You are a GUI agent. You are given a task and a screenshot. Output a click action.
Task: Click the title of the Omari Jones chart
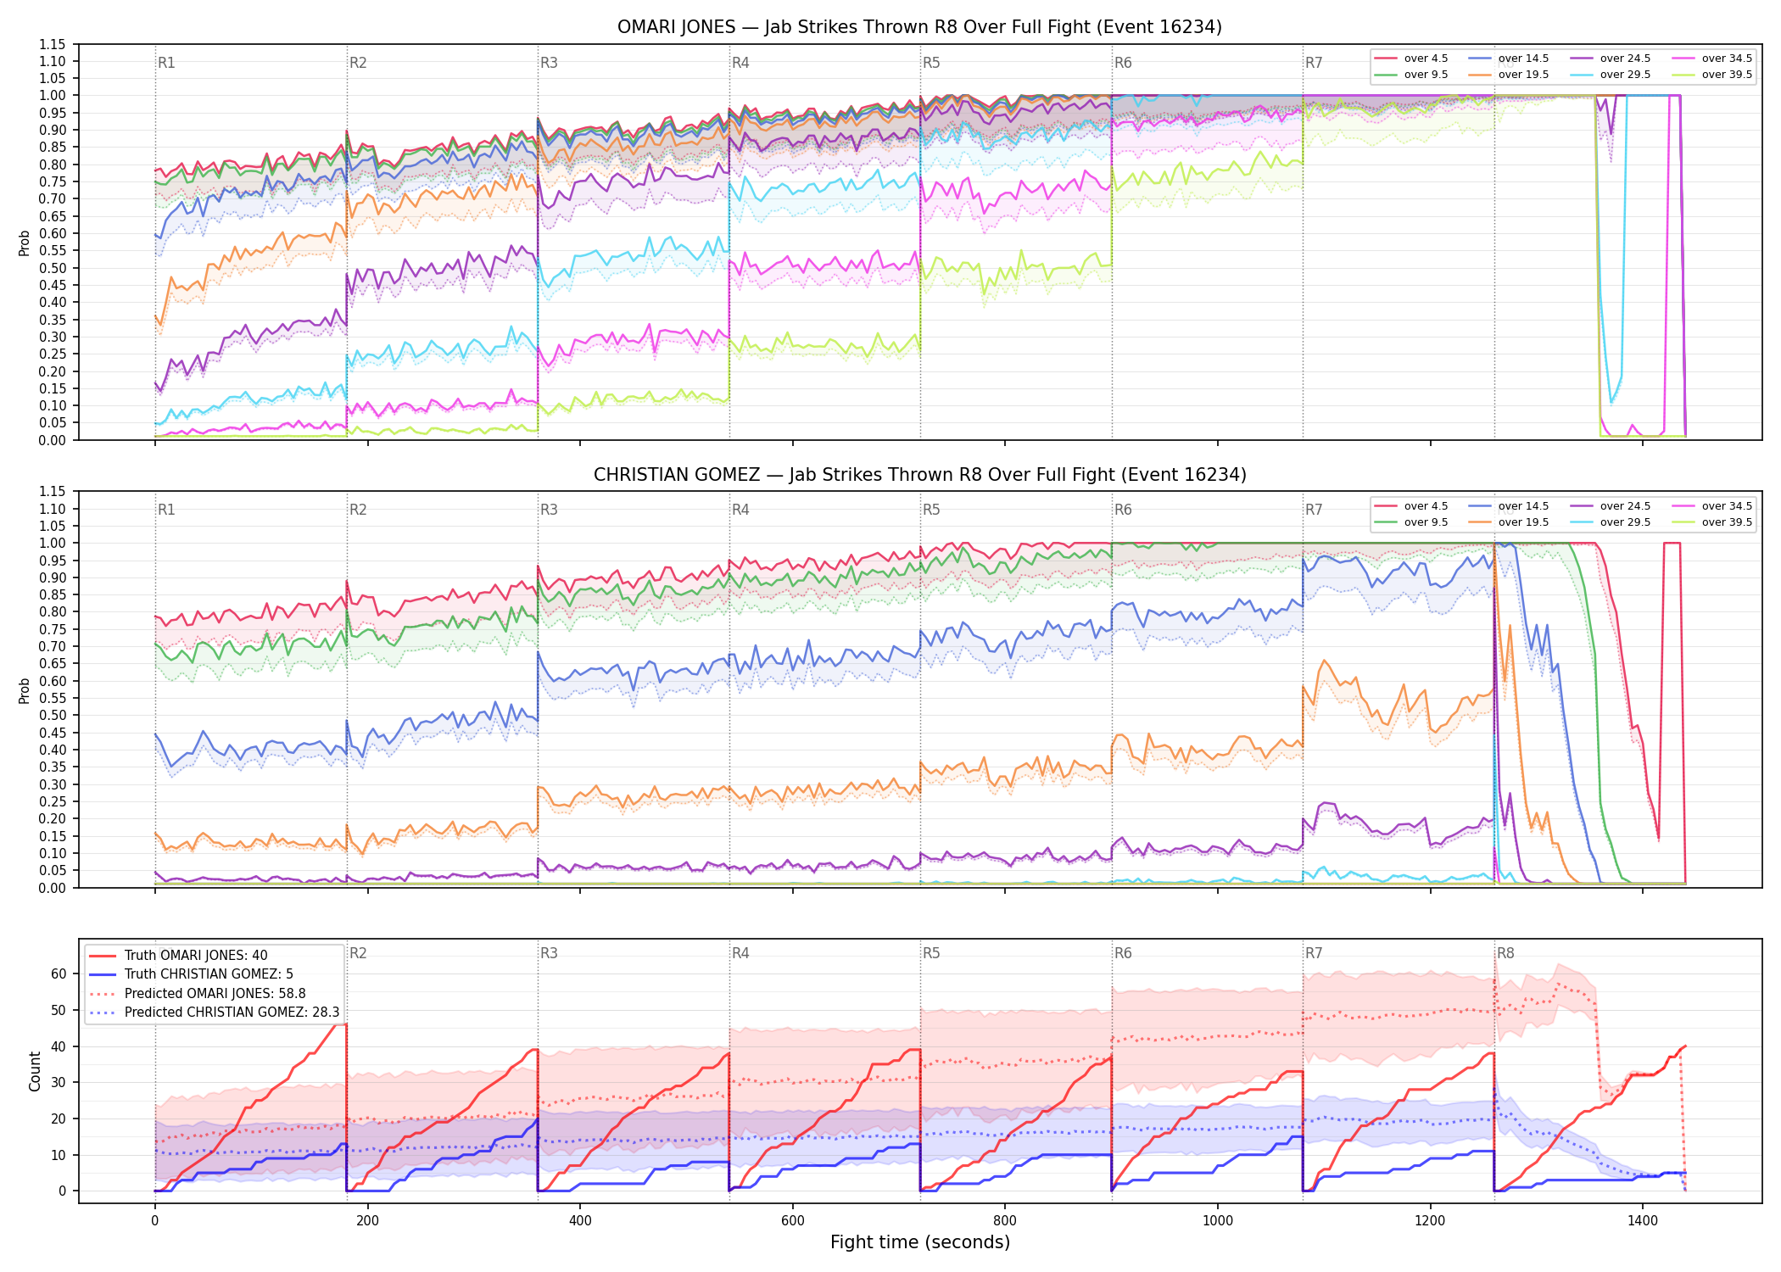919,27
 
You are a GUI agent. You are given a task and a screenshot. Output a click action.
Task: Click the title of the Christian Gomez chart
919,475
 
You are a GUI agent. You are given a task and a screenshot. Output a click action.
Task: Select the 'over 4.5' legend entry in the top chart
1411,59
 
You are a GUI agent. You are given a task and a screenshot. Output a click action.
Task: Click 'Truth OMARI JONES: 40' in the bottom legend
178,956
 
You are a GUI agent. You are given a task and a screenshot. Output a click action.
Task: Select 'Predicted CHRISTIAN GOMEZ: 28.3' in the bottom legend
215,1013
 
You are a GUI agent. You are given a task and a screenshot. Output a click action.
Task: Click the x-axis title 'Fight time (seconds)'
920,1242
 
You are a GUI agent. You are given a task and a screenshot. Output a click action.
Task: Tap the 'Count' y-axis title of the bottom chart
35,1071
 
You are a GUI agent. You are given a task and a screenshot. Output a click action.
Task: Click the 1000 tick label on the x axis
1218,1221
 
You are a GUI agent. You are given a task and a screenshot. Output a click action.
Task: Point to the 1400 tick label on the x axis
1643,1221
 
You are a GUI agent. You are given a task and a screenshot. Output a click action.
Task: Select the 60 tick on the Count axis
59,974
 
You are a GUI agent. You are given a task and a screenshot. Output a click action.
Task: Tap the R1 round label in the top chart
166,63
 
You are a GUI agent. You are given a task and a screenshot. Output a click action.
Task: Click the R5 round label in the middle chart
931,510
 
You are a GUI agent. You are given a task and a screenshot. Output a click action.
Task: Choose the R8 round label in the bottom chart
1505,953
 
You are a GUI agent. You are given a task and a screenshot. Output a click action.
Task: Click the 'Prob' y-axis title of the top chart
25,243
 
